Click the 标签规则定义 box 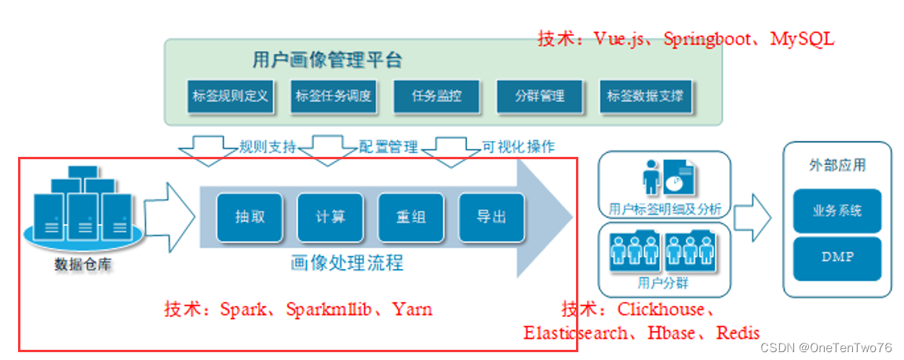pyautogui.click(x=230, y=97)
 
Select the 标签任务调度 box pyautogui.click(x=334, y=97)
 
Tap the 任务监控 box pyautogui.click(x=436, y=97)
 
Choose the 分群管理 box pyautogui.click(x=540, y=97)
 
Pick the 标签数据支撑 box pyautogui.click(x=644, y=97)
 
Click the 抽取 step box pyautogui.click(x=249, y=216)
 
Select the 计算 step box pyautogui.click(x=330, y=216)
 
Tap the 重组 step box pyautogui.click(x=411, y=216)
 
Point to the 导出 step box pyautogui.click(x=492, y=216)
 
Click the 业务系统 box pyautogui.click(x=837, y=210)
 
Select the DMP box pyautogui.click(x=837, y=257)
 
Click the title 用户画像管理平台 pyautogui.click(x=327, y=60)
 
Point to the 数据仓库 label pyautogui.click(x=82, y=264)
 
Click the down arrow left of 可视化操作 pyautogui.click(x=456, y=151)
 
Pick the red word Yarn pyautogui.click(x=412, y=309)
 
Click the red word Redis pyautogui.click(x=738, y=333)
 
